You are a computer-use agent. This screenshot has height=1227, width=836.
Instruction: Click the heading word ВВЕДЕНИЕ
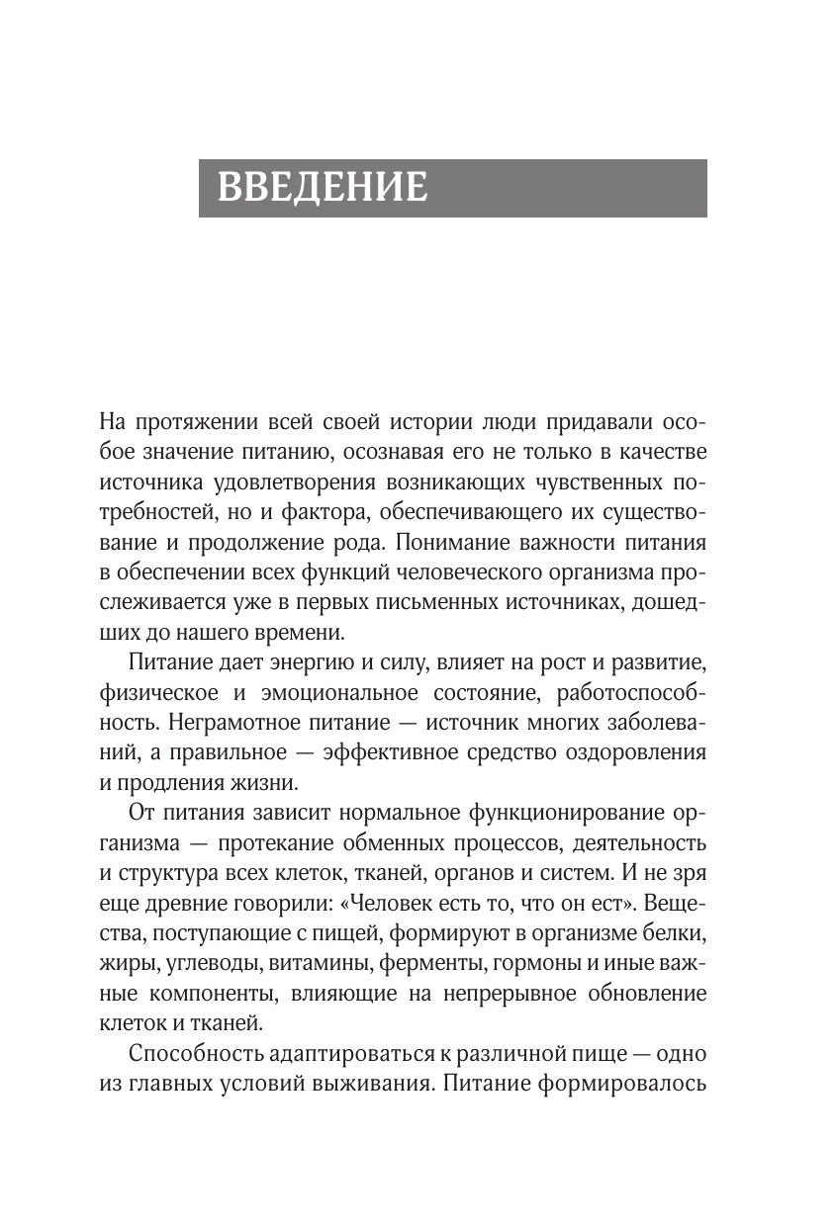click(x=322, y=187)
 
